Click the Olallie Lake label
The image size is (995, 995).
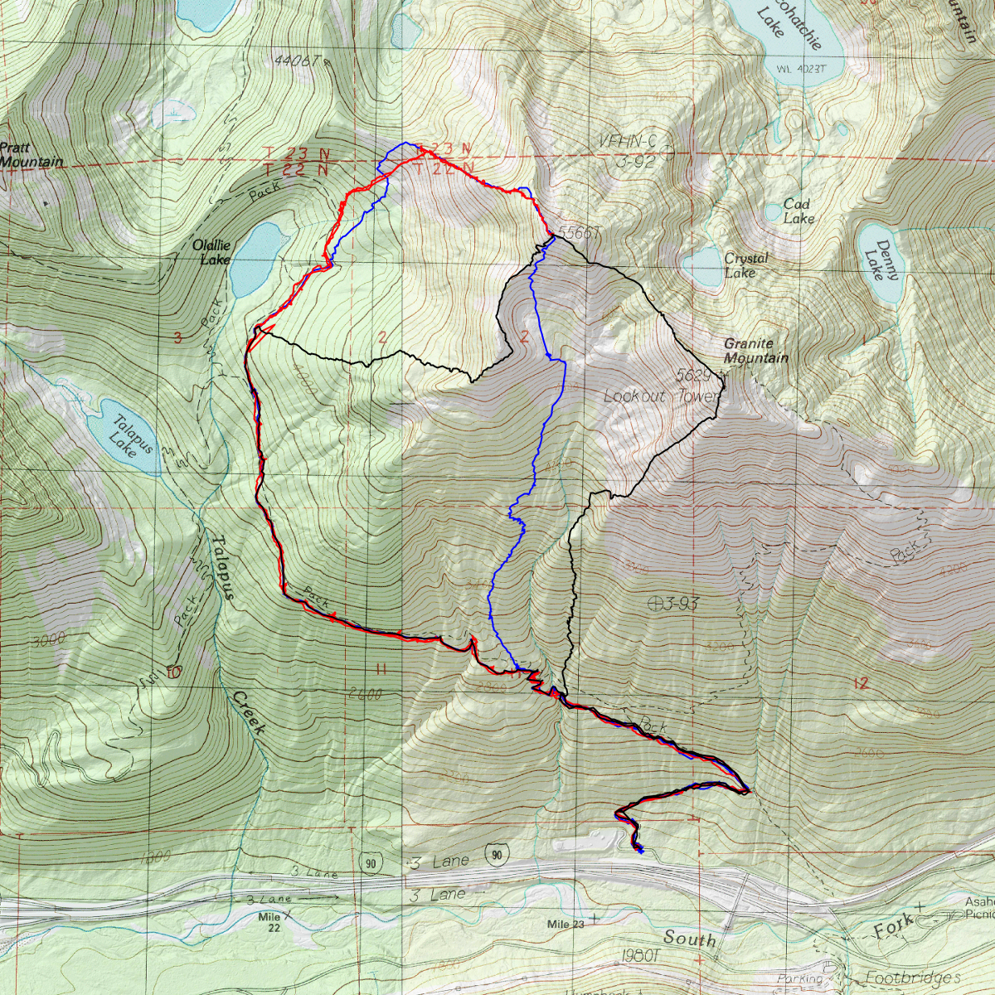(211, 252)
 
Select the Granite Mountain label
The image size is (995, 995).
(755, 351)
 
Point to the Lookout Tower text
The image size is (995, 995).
(661, 396)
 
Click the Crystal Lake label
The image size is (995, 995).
(745, 265)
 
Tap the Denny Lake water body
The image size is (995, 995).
(877, 262)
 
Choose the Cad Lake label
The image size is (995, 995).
(798, 211)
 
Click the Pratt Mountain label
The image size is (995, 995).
(31, 155)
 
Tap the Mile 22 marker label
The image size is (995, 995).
(270, 922)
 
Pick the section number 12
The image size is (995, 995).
(860, 683)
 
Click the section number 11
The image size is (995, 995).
(381, 669)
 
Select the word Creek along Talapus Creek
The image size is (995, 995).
(249, 712)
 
